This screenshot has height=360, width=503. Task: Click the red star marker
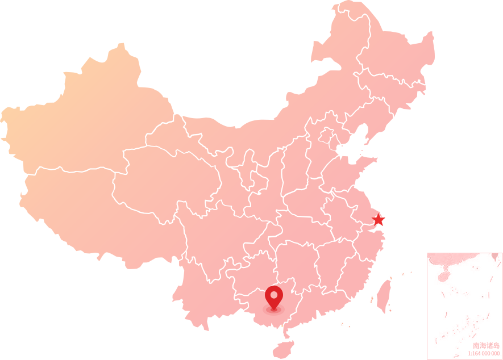click(378, 220)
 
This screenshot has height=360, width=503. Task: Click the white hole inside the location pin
click(273, 295)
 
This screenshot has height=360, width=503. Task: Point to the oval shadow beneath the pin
click(273, 309)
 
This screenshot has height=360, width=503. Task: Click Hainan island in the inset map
click(443, 277)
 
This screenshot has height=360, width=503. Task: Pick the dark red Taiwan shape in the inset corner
click(494, 257)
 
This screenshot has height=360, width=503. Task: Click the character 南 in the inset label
click(476, 345)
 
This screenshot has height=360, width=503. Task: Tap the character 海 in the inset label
click(483, 345)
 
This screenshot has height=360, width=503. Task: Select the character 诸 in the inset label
click(490, 345)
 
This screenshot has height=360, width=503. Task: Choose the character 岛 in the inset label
click(497, 345)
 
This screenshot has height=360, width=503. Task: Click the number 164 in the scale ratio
click(476, 353)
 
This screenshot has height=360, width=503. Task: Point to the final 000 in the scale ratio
click(496, 353)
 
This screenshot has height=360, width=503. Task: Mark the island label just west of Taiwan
click(372, 299)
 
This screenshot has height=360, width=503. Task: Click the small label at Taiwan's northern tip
click(391, 278)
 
